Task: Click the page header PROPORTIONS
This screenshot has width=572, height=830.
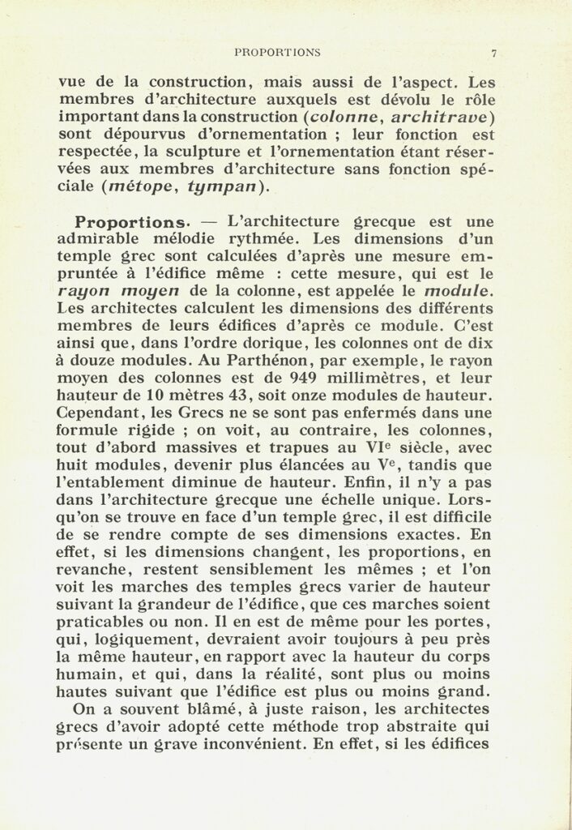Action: tap(277, 53)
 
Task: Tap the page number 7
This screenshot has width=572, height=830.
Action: tap(493, 53)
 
